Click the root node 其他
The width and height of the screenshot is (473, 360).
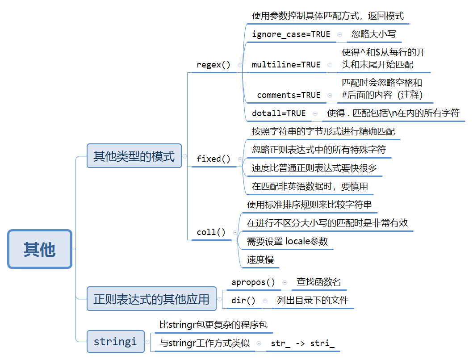tap(39, 249)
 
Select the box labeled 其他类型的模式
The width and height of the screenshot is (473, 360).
tap(134, 156)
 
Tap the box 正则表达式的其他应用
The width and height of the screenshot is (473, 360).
tap(151, 299)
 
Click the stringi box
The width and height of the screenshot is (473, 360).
tap(116, 342)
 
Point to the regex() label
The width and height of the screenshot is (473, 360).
tap(213, 65)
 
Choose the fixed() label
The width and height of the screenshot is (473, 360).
tap(213, 159)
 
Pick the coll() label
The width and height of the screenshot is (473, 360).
tap(211, 232)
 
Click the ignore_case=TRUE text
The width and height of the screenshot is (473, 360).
tap(291, 34)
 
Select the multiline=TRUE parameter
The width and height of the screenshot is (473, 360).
tap(286, 65)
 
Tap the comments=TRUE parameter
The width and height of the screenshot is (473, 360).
tap(289, 95)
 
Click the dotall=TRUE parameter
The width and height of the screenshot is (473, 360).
tap(279, 113)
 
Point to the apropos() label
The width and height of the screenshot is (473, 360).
tap(253, 282)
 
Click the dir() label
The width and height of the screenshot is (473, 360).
tap(243, 301)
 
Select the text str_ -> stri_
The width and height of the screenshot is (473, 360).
tap(302, 343)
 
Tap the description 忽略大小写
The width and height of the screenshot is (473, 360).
tap(374, 34)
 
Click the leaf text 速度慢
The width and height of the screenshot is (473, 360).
tap(260, 260)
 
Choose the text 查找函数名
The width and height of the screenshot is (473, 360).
tap(319, 282)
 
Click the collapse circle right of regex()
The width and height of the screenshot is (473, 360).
tap(240, 65)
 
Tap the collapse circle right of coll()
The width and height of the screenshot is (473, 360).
tap(235, 232)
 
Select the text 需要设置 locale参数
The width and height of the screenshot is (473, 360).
tap(287, 241)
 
